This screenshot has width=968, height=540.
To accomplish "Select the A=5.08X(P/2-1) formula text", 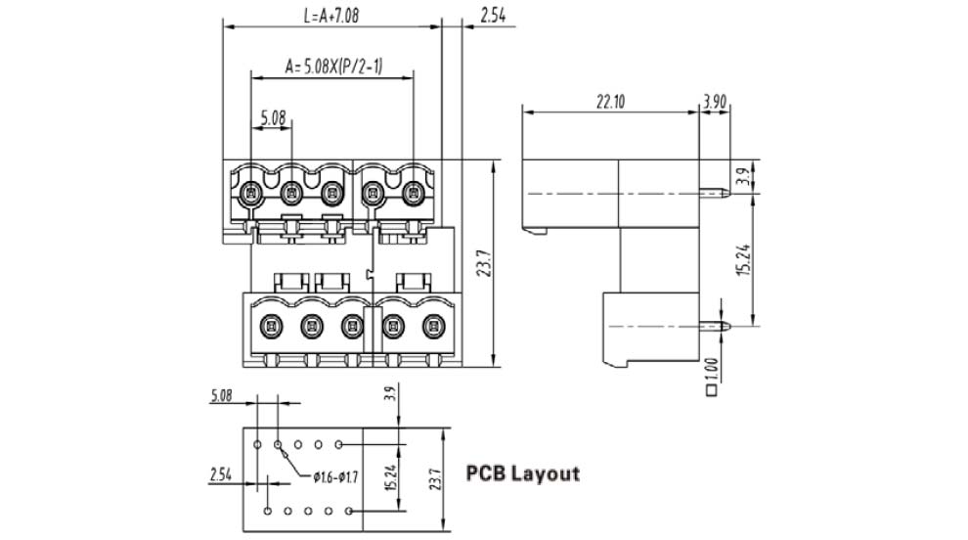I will point(333,67).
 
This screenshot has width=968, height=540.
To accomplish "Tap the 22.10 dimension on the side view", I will point(611,101).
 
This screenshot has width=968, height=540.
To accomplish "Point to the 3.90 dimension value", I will point(715,101).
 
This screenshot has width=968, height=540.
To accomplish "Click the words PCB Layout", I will point(522,474).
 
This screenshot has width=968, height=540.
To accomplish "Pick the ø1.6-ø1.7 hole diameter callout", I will point(336,477).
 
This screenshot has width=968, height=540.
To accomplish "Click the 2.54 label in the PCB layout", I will point(221,475).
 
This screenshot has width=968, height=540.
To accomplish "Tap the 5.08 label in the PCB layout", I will point(221,396).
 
